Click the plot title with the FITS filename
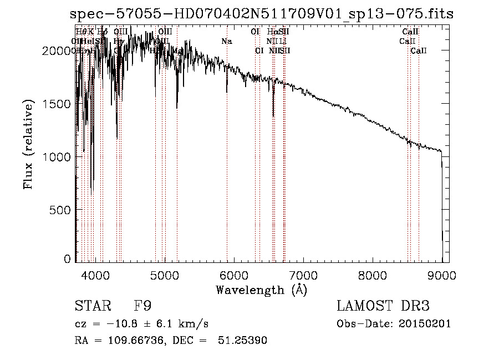tap(262, 14)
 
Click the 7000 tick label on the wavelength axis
tap(303, 276)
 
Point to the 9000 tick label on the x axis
tap(442, 276)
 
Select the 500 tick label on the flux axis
tap(61, 210)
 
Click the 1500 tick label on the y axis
tap(58, 104)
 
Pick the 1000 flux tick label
tap(58, 157)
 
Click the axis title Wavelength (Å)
tap(261, 290)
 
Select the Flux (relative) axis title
tap(28, 145)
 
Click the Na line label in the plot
tap(226, 42)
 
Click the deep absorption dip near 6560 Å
tap(273, 114)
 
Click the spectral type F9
tap(142, 306)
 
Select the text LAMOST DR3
tap(383, 306)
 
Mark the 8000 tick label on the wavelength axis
tap(373, 276)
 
